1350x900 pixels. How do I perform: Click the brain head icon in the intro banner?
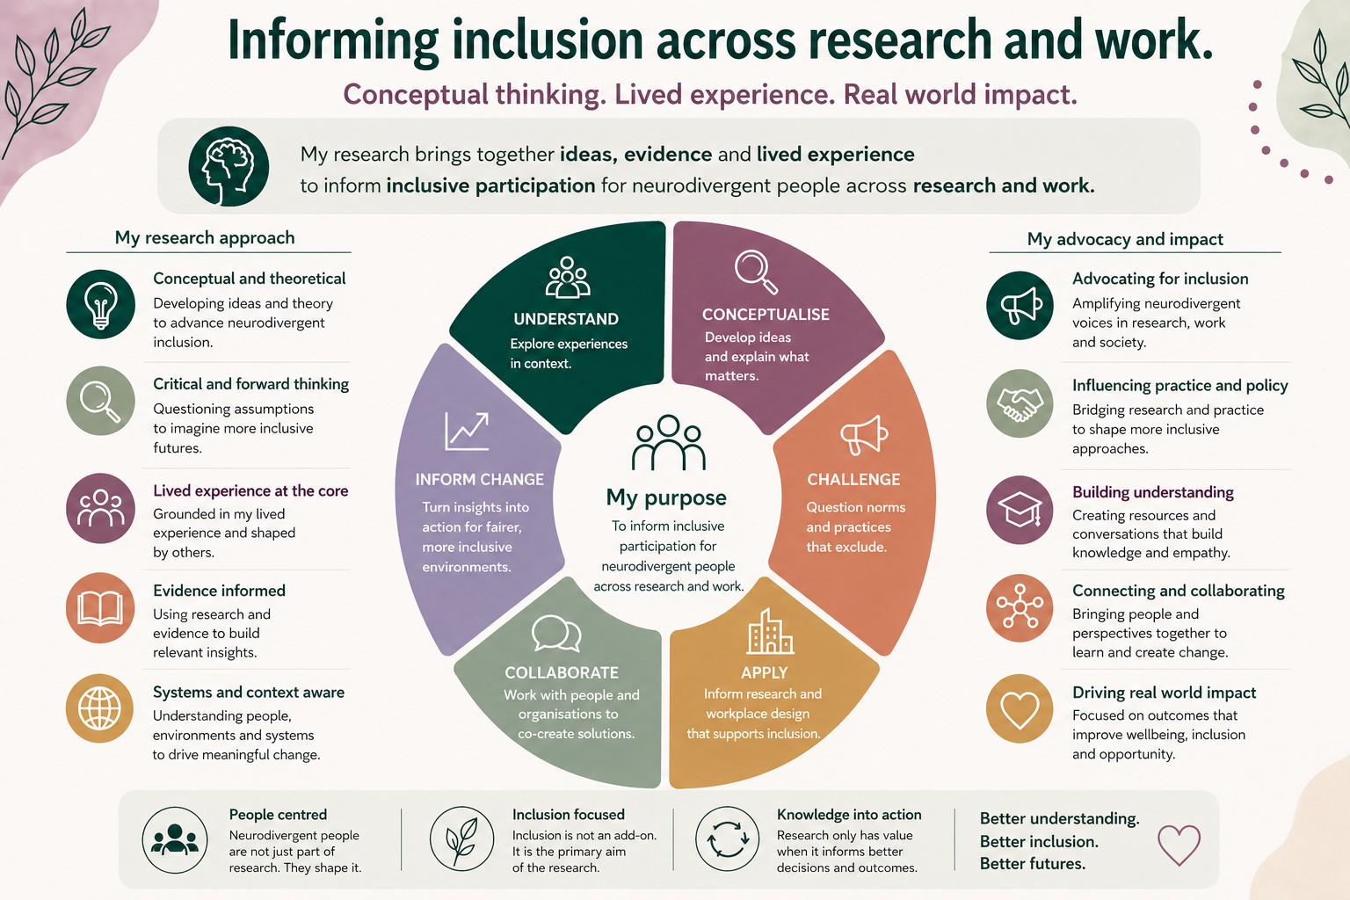coord(228,166)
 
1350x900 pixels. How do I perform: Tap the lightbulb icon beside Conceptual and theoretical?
coord(100,304)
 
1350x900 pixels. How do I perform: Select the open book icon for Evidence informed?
coord(100,608)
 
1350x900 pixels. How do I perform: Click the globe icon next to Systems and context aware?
coord(100,708)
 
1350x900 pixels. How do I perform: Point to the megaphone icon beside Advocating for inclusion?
coord(1020,305)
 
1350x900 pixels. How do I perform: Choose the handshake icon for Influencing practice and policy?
coord(1020,403)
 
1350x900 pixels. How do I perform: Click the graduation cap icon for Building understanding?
coord(1020,510)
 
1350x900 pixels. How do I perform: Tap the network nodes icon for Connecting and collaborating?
coord(1020,607)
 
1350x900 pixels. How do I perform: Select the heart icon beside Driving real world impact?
coord(1020,708)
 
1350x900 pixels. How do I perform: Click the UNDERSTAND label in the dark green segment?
coord(566,319)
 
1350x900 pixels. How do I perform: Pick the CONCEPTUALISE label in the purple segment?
coord(766,315)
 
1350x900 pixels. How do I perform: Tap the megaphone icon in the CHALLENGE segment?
coord(864,434)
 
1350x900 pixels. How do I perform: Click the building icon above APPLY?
coord(769,632)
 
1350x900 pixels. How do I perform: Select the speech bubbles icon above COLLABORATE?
coord(556,633)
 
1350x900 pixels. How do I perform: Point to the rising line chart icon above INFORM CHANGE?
coord(466,431)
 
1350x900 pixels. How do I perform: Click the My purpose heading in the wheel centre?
coord(666,497)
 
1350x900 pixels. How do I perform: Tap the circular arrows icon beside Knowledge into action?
coord(727,839)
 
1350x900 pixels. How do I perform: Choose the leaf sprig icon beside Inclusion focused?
coord(461,839)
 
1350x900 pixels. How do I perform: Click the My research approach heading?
coord(205,237)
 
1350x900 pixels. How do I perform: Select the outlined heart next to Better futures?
coord(1179,844)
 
